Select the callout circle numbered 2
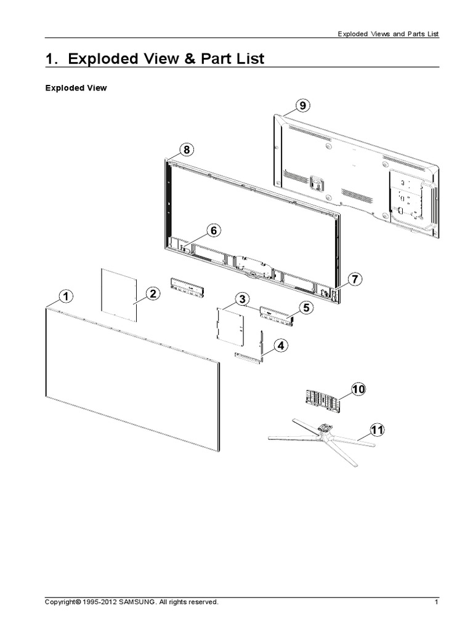click(153, 294)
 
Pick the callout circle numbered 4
click(281, 346)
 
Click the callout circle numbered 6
click(214, 231)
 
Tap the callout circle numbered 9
click(302, 106)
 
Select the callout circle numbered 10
click(358, 389)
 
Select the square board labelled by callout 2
click(118, 293)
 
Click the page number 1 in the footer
click(436, 602)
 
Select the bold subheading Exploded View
click(76, 88)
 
